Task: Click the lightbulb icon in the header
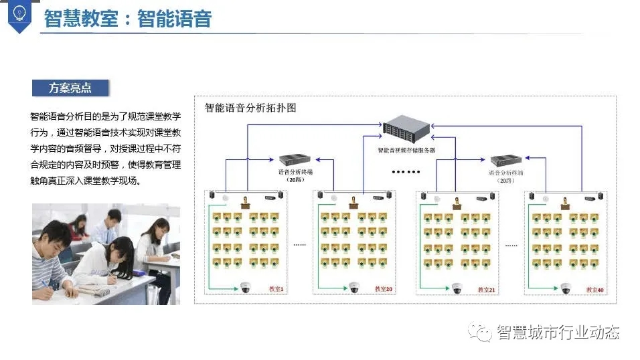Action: pos(19,13)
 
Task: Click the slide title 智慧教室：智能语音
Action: pos(128,18)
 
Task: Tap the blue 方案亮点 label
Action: pos(70,88)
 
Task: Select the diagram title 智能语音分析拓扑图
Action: pos(250,107)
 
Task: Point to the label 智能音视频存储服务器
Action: pos(406,151)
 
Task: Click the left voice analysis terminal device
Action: pos(295,160)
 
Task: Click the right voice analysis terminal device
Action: pos(506,161)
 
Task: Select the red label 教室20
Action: pos(384,289)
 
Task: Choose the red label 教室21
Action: pos(487,289)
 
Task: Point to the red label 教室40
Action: pos(595,289)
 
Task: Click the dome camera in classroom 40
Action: pos(566,288)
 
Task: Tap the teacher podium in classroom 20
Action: pos(353,201)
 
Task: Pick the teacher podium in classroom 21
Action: pos(457,203)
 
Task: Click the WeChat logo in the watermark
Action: pos(481,331)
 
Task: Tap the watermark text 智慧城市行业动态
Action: pos(557,332)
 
